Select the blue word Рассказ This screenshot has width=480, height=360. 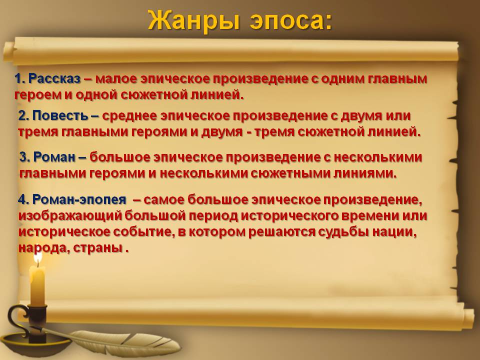[54, 79]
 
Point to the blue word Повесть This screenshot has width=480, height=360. [60, 115]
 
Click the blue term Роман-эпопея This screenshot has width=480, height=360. [79, 200]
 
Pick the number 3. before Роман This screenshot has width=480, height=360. [24, 157]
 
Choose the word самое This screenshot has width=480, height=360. [163, 200]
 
